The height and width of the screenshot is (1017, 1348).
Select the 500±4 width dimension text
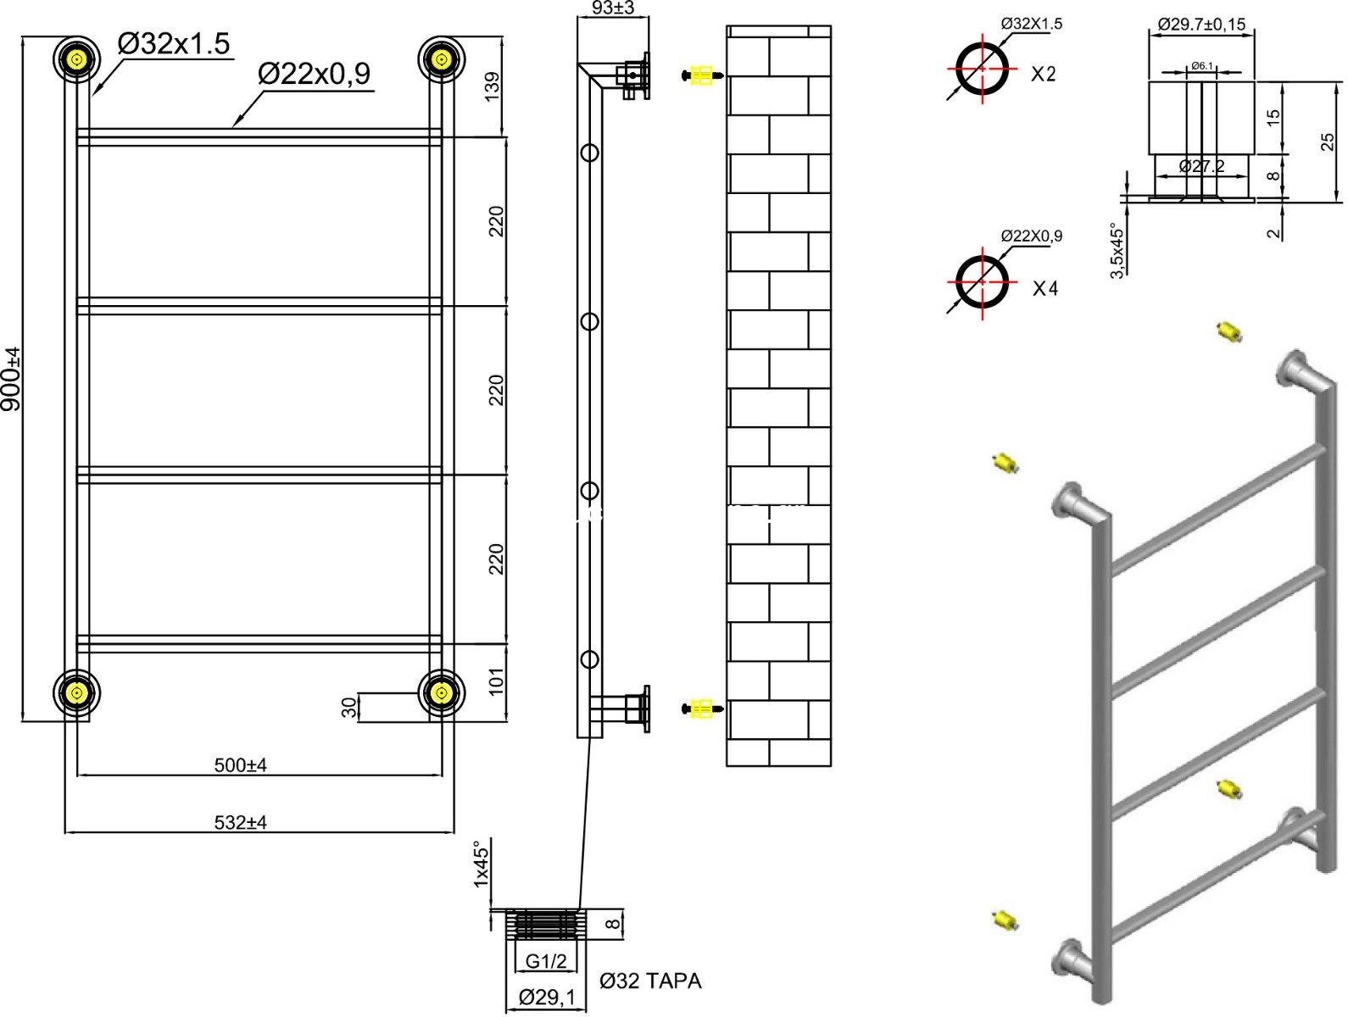pos(241,765)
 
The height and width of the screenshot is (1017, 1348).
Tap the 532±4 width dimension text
pos(241,822)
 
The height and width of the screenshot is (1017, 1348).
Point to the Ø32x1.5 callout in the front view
pos(174,44)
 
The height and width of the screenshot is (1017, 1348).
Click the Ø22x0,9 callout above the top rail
pos(315,75)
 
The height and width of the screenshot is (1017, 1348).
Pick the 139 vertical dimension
pos(493,86)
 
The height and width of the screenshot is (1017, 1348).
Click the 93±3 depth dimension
pos(613,8)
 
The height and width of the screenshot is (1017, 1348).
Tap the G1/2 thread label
pos(545,961)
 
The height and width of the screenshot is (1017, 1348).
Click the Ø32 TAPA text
pos(650,981)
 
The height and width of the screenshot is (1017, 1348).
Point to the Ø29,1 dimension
pos(547,998)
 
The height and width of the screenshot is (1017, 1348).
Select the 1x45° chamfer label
pos(482,864)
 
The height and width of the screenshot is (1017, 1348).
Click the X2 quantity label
pos(1044,75)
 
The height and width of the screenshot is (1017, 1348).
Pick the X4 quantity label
pos(1045,289)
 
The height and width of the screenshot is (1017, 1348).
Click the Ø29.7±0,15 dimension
pos(1201,25)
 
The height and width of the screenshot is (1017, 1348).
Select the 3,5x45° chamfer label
pos(1117,250)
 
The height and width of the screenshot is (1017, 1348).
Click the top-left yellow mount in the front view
pos(77,60)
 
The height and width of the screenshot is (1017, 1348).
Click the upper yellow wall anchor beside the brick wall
pos(702,75)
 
